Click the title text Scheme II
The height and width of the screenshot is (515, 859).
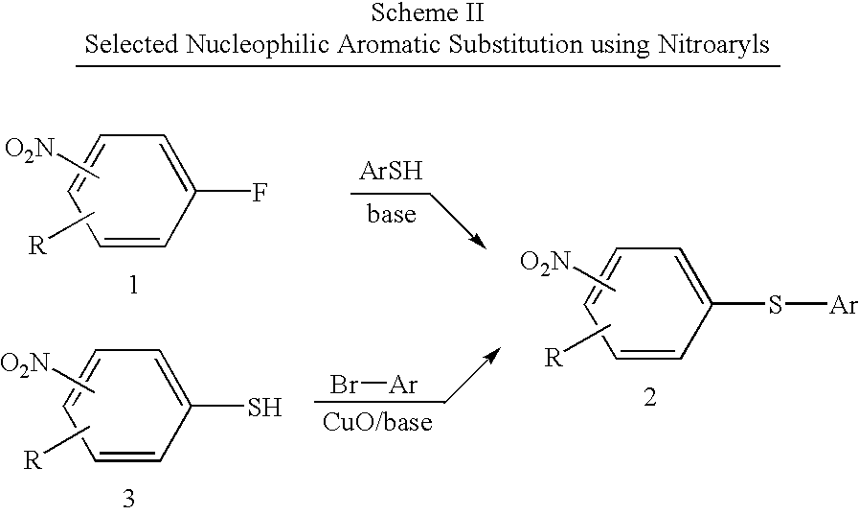pos(427,12)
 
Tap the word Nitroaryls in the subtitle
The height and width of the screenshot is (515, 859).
pos(713,44)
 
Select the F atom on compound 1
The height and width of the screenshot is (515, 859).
pos(260,193)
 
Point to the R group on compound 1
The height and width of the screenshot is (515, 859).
pos(36,246)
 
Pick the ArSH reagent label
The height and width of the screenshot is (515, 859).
pos(391,171)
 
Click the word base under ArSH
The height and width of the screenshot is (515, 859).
pos(391,213)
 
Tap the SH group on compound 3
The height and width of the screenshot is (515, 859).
pos(265,408)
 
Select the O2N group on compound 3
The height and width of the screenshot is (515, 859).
pos(25,364)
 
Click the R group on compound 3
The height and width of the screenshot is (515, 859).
pos(33,459)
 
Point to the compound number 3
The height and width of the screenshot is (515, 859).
pos(128,499)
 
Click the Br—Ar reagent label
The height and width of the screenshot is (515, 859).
pos(373,385)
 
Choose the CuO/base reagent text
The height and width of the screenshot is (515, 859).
pos(377,422)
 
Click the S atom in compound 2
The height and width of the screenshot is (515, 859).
pos(775,305)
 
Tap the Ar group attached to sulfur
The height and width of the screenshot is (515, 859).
pos(843,305)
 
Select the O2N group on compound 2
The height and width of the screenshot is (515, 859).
pos(545,263)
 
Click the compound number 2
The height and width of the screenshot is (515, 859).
pos(649,397)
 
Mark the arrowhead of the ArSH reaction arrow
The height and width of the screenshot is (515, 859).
pos(480,242)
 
